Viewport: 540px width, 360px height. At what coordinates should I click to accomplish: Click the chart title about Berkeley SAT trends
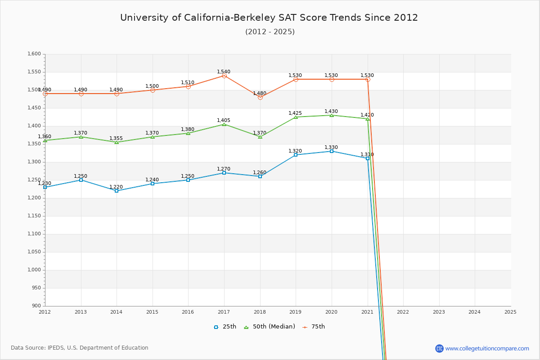pyautogui.click(x=269, y=18)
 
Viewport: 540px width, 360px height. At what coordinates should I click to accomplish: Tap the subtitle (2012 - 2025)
pyautogui.click(x=270, y=31)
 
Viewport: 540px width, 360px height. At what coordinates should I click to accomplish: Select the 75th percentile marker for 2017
pyautogui.click(x=224, y=76)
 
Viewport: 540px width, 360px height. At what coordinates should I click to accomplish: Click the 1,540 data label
pyautogui.click(x=224, y=72)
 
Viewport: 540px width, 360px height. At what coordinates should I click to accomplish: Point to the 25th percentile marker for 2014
pyautogui.click(x=117, y=191)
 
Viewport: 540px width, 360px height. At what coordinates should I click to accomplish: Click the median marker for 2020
pyautogui.click(x=332, y=115)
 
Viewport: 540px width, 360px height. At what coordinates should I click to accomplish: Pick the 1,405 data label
pyautogui.click(x=224, y=120)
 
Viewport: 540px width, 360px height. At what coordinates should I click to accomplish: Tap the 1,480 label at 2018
pyautogui.click(x=260, y=93)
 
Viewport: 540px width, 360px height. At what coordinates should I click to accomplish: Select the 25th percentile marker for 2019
pyautogui.click(x=296, y=155)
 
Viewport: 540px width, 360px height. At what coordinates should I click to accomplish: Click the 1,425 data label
pyautogui.click(x=295, y=113)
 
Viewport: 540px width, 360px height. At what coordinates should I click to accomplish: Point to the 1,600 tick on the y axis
pyautogui.click(x=35, y=54)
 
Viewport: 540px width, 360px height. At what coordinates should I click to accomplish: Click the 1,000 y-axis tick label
pyautogui.click(x=35, y=270)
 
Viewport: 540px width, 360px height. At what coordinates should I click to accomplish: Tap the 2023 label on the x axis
pyautogui.click(x=439, y=311)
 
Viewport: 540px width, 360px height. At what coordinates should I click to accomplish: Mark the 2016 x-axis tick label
pyautogui.click(x=188, y=311)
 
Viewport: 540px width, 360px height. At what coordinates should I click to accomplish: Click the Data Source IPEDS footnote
pyautogui.click(x=80, y=348)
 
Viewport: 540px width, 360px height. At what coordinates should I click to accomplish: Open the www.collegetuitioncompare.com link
pyautogui.click(x=487, y=348)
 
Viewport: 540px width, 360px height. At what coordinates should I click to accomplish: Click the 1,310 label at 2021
pyautogui.click(x=367, y=154)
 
